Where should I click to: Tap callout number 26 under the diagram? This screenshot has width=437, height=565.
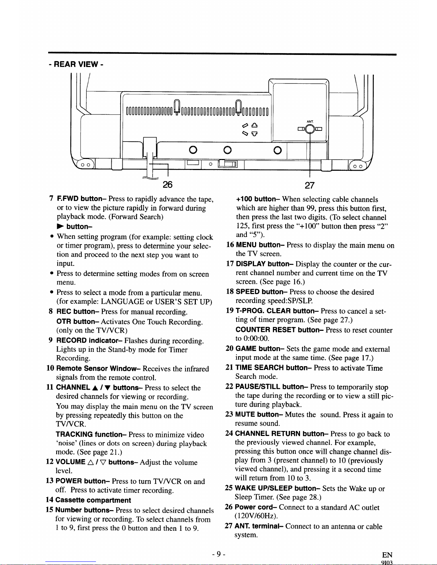coord(167,184)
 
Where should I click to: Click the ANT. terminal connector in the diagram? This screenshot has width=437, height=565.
coord(310,129)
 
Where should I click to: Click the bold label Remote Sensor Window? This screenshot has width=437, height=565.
coord(98,369)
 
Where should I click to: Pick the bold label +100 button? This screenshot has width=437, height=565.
coord(257,199)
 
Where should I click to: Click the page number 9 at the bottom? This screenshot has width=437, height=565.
coord(218,554)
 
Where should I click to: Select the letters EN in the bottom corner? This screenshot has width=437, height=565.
coord(387,555)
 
